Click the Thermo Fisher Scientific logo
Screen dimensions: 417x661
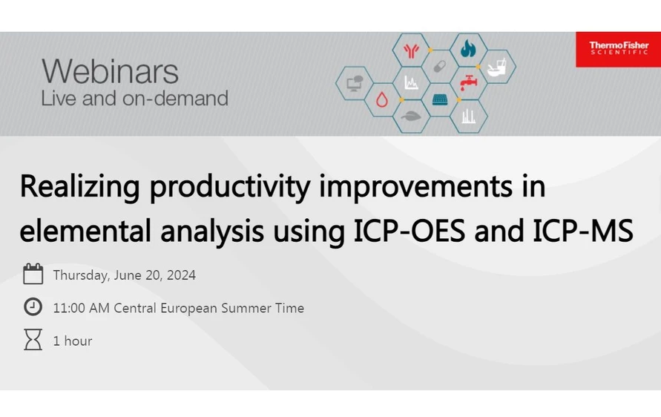coord(618,49)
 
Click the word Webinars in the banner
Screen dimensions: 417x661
coord(110,72)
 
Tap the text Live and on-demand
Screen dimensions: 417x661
coord(134,99)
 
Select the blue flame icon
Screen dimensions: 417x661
coord(467,49)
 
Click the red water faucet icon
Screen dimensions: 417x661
coord(467,82)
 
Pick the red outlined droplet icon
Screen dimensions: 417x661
coord(382,99)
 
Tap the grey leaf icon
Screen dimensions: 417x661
coord(410,115)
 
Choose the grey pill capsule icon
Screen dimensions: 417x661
coord(439,65)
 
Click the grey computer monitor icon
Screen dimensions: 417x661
coord(354,82)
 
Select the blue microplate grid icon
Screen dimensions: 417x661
coord(439,99)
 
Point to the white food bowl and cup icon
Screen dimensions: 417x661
coord(496,65)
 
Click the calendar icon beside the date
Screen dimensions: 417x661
coord(33,275)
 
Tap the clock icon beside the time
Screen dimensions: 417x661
coord(33,307)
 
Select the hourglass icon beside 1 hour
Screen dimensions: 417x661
coord(33,340)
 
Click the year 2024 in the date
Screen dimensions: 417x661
coord(181,275)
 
